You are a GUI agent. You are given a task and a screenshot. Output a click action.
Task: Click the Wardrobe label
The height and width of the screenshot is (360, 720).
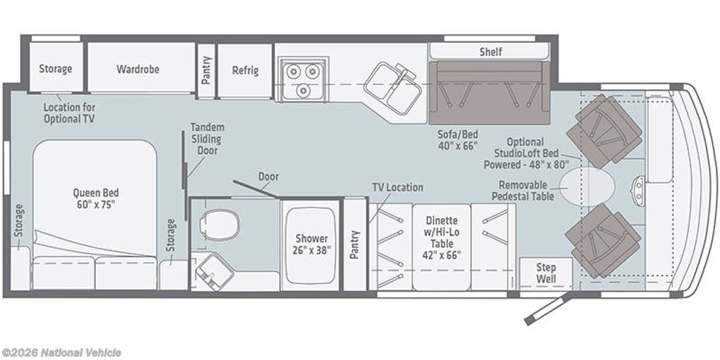tap(138, 69)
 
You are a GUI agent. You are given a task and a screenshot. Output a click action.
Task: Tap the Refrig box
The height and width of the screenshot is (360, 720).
tap(245, 70)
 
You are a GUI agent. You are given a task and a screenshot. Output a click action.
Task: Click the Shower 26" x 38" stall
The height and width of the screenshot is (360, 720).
tap(311, 243)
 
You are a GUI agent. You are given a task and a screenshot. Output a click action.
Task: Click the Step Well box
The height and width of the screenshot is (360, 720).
tap(546, 273)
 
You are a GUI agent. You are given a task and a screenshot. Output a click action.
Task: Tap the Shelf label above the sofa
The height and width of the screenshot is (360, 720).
tap(491, 52)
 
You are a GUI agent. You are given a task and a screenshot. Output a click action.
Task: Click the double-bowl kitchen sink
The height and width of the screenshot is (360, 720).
tap(393, 88)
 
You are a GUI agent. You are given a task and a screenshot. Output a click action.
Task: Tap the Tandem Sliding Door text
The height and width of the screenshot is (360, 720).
tap(207, 139)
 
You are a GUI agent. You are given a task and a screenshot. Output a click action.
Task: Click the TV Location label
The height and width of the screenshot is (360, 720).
tap(398, 187)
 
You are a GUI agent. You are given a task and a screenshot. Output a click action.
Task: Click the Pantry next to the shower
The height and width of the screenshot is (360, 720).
tap(354, 244)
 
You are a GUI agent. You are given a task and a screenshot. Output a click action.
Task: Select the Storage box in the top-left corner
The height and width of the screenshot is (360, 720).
tap(56, 69)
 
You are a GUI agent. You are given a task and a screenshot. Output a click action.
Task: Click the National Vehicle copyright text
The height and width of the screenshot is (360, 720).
tap(61, 352)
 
